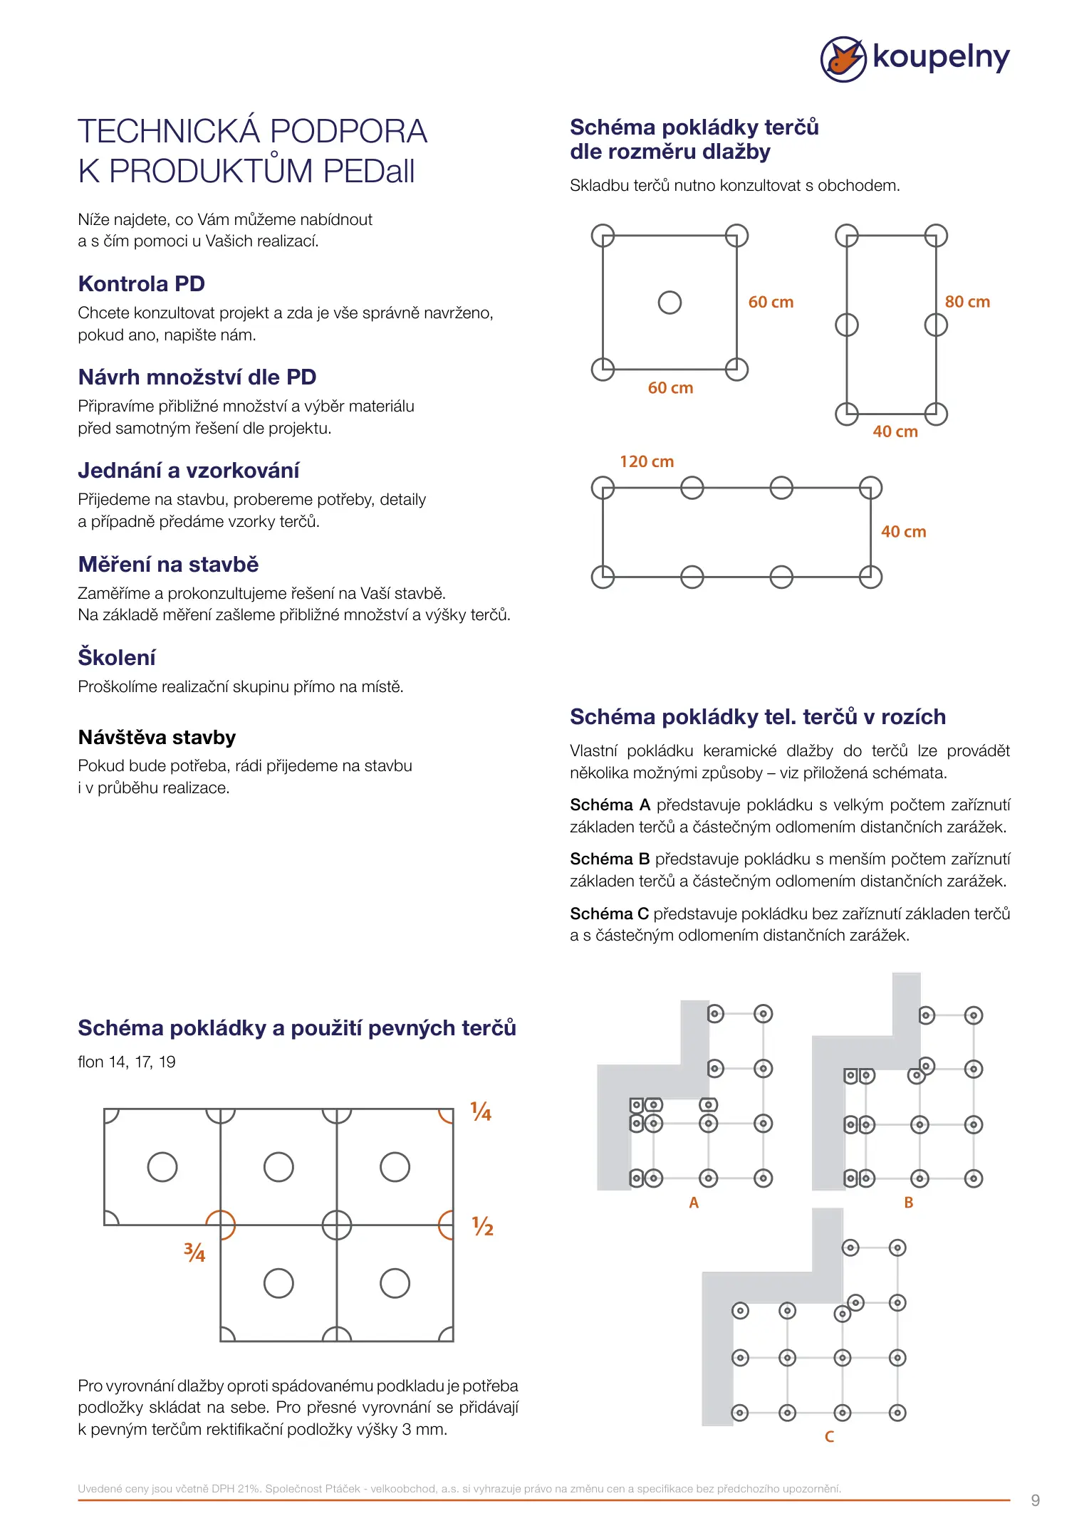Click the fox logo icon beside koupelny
[x=843, y=58]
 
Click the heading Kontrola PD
[x=141, y=284]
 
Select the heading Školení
[x=117, y=657]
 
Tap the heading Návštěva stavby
[x=157, y=738]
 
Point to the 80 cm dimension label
[x=966, y=302]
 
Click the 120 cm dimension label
[x=646, y=462]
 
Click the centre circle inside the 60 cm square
[x=669, y=303]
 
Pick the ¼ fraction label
[x=481, y=1112]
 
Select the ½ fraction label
[x=483, y=1226]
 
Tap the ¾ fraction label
[x=194, y=1252]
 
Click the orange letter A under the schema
[x=694, y=1203]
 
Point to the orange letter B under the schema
[x=908, y=1203]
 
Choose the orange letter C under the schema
[x=829, y=1437]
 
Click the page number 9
[x=1035, y=1500]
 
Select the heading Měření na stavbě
[x=168, y=565]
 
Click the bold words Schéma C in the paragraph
[x=609, y=914]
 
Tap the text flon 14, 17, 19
[x=127, y=1062]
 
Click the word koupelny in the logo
[x=941, y=57]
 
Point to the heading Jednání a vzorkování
[x=189, y=471]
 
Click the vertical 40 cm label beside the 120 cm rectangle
[x=903, y=532]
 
